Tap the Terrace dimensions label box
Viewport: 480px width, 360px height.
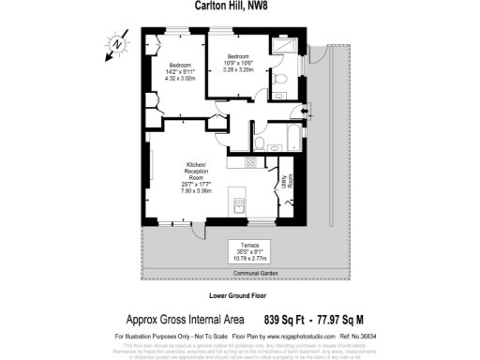256,249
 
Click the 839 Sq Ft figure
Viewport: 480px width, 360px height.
287,319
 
